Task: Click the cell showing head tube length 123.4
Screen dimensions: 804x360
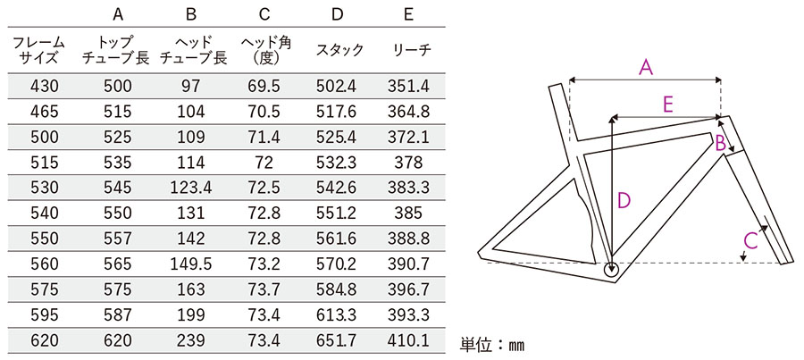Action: [x=191, y=188]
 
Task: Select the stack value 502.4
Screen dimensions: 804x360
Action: [x=337, y=86]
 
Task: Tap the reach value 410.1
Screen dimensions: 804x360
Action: [x=408, y=340]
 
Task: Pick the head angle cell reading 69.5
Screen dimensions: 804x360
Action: [x=264, y=86]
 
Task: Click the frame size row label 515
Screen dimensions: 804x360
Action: [x=45, y=163]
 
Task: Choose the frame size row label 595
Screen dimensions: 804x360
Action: [x=45, y=314]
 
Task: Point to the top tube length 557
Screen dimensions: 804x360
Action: [x=117, y=239]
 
